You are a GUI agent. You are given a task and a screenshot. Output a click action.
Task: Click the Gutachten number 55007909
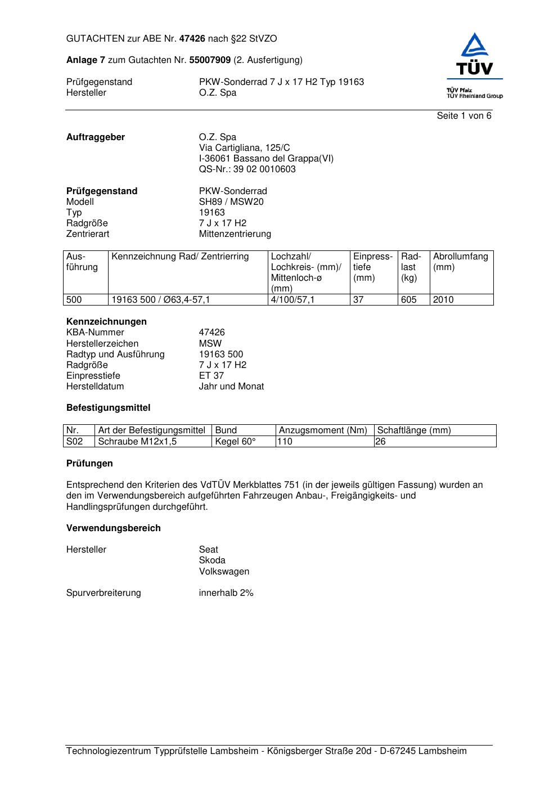(210, 60)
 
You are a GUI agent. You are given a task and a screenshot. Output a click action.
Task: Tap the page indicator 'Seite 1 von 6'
(464, 116)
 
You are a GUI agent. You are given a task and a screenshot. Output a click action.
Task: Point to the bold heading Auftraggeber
(96, 137)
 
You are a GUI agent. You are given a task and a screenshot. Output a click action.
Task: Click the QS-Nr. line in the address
(247, 169)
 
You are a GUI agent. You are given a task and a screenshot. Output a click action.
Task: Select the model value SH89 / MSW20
(231, 202)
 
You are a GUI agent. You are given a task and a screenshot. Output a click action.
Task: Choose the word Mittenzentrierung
(235, 234)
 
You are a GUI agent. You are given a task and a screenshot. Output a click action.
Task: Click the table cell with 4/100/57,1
(292, 300)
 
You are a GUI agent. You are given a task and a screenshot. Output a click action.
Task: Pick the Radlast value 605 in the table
(409, 300)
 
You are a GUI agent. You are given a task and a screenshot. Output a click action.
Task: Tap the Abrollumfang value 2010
(443, 300)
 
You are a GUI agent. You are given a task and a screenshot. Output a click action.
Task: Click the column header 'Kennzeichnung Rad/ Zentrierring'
(180, 257)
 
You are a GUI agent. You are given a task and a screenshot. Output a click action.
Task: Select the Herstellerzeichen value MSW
(210, 344)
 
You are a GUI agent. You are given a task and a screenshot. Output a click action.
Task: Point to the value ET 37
(211, 376)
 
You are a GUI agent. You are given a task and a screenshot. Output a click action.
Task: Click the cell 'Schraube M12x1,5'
(137, 442)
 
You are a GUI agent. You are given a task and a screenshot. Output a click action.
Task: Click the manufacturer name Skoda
(212, 560)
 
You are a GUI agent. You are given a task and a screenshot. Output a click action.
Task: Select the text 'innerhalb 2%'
(226, 593)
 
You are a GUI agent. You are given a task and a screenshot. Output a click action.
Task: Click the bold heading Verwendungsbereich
(114, 528)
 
